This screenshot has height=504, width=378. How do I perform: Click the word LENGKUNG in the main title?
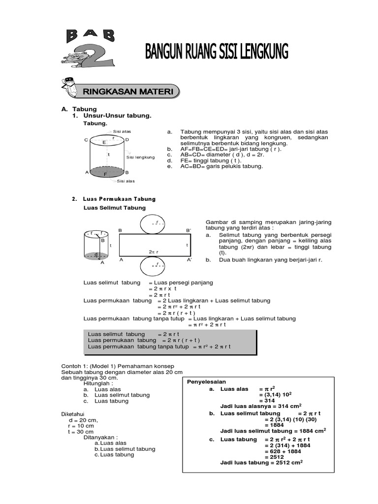point(260,52)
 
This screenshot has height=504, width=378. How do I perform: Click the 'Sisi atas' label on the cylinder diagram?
point(122,132)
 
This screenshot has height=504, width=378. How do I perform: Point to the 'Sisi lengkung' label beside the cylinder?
point(141,157)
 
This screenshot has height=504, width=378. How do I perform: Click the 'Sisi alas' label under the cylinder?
point(126,181)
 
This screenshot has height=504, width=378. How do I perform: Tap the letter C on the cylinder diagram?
point(86,140)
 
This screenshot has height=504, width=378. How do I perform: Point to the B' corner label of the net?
point(188,230)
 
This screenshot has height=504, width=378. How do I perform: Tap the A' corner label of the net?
point(189,259)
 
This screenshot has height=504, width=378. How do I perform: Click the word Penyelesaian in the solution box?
point(206,381)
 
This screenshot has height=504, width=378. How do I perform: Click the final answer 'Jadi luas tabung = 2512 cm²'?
point(261,463)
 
